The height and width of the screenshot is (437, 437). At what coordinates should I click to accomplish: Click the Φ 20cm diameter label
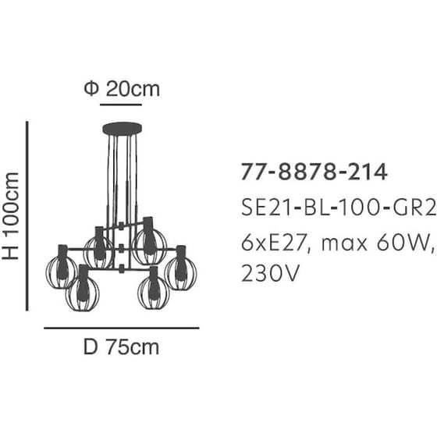pyautogui.click(x=122, y=89)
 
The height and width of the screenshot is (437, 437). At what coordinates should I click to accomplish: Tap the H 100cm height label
pyautogui.click(x=10, y=216)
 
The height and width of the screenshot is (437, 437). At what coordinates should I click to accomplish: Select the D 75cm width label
pyautogui.click(x=121, y=347)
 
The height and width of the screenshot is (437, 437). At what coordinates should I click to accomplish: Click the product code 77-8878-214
pyautogui.click(x=314, y=172)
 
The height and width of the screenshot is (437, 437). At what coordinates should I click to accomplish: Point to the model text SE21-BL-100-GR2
pyautogui.click(x=339, y=208)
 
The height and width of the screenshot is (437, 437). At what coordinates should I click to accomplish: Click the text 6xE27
pyautogui.click(x=275, y=243)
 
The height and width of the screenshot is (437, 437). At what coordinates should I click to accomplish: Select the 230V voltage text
pyautogui.click(x=270, y=273)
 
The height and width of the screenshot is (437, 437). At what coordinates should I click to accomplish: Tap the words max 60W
pyautogui.click(x=375, y=243)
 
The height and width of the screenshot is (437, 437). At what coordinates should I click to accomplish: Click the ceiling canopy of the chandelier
pyautogui.click(x=122, y=129)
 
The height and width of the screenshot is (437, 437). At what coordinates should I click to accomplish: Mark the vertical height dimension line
pyautogui.click(x=27, y=216)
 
